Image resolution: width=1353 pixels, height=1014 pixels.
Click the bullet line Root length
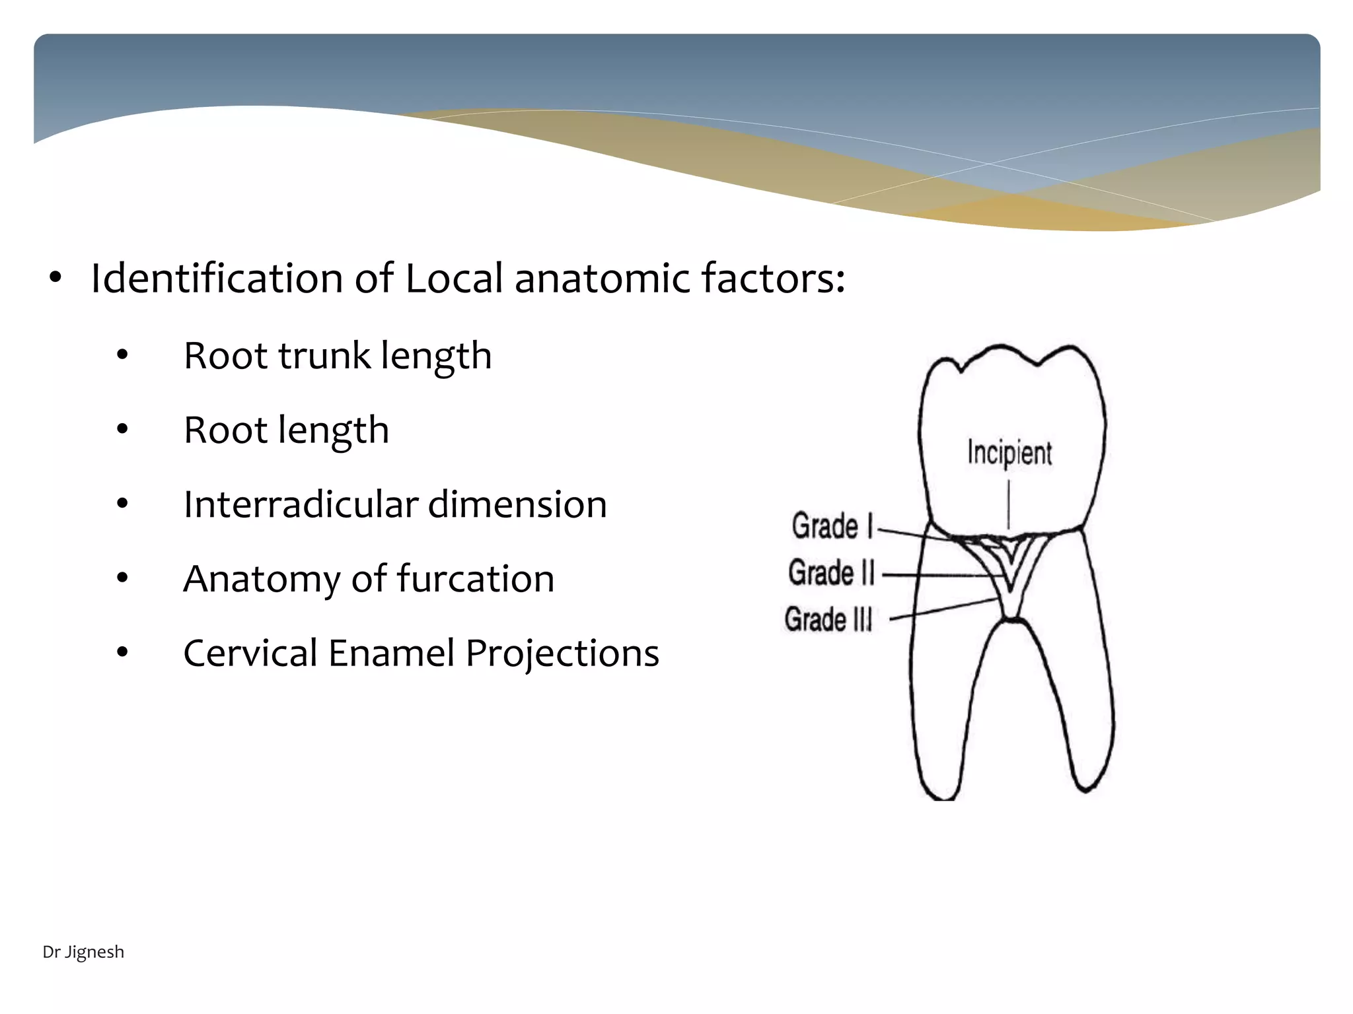(x=286, y=430)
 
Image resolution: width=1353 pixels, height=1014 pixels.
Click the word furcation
(x=475, y=579)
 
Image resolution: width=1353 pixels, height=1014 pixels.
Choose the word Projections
(x=562, y=654)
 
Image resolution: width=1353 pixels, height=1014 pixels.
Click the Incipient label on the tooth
(x=1009, y=454)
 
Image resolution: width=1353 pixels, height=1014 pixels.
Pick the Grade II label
(x=831, y=572)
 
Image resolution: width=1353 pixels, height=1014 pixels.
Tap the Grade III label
(x=828, y=619)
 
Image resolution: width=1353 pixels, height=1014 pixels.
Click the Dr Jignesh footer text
(x=83, y=952)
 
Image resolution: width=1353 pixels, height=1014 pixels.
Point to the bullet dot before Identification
(x=55, y=279)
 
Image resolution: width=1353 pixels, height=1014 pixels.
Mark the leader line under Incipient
(x=1009, y=503)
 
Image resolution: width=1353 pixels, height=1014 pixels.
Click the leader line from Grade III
(x=945, y=609)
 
